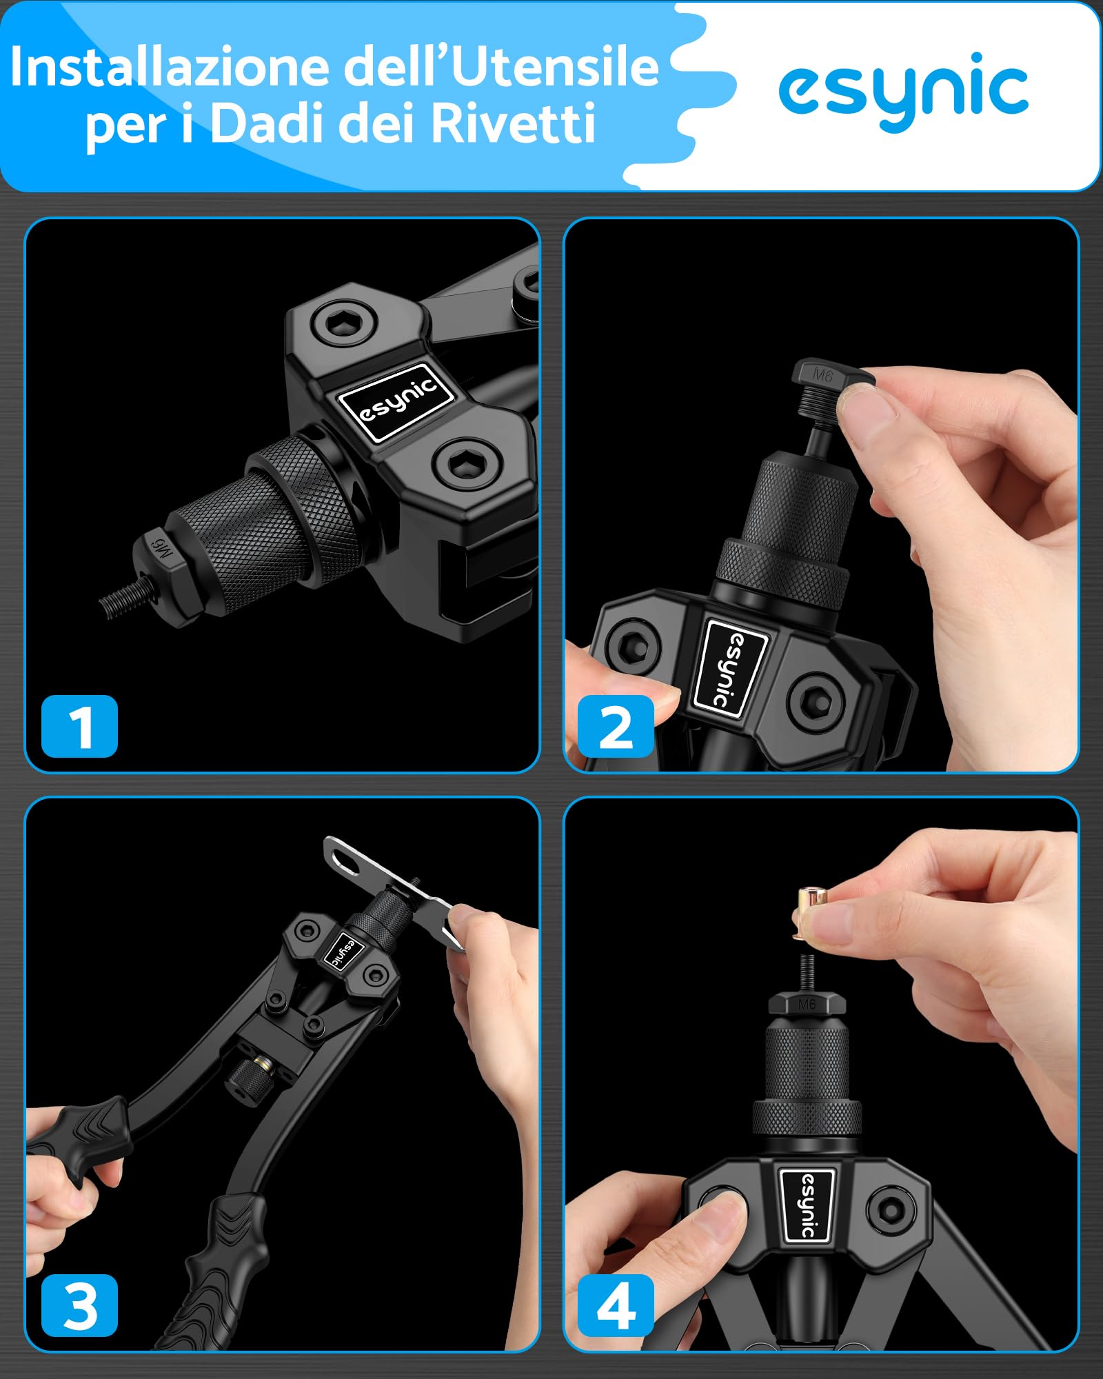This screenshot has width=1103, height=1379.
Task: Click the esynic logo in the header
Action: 903,91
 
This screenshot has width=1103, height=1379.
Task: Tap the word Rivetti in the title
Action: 514,124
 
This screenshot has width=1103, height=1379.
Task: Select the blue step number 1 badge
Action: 79,726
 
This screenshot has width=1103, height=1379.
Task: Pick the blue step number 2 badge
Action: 616,726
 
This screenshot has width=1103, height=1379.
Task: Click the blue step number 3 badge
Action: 79,1305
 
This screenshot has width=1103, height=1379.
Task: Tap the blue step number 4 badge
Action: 616,1305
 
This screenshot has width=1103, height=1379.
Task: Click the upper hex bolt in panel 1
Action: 343,322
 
